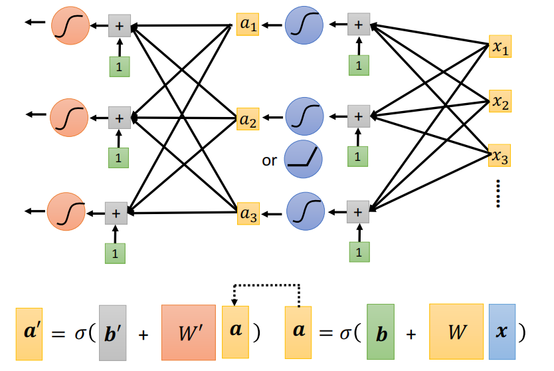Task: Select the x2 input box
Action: coord(500,102)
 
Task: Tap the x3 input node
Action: coord(500,157)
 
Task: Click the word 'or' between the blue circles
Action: coord(270,160)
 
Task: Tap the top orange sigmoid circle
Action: coord(69,26)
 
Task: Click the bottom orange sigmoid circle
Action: coord(66,213)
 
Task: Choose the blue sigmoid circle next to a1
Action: coord(304,26)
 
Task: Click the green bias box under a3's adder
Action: coord(359,251)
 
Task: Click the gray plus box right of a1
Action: coord(359,25)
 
